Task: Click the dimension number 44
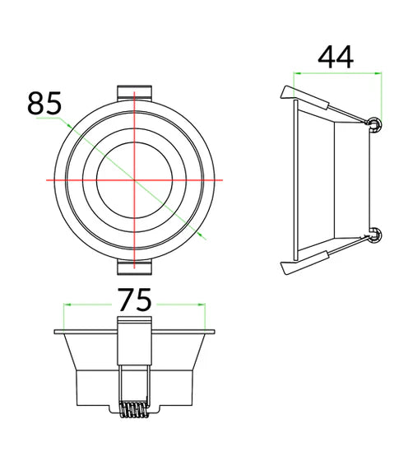336,57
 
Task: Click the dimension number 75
135,300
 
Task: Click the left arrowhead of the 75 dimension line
67,305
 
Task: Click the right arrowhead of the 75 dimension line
202,305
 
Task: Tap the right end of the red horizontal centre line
223,179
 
